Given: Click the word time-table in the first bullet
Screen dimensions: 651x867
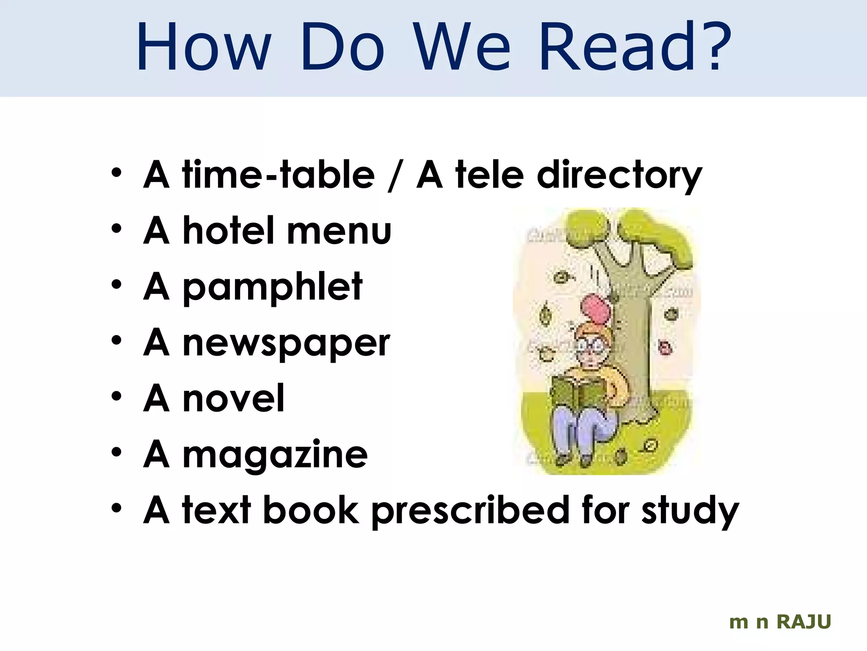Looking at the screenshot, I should point(279,175).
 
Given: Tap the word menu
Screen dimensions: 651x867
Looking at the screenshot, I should point(339,231).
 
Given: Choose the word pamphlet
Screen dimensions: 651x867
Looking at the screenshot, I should point(272,287).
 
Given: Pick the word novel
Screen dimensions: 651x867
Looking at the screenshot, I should point(233,398).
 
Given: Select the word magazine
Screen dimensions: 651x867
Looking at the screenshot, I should point(275,455).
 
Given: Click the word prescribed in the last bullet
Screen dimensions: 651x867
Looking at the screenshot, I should point(471,511).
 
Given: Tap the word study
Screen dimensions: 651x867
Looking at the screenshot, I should point(690,511).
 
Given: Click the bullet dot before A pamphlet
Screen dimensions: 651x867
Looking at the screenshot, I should point(116,284).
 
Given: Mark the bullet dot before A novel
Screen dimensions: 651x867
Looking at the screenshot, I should point(116,396).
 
